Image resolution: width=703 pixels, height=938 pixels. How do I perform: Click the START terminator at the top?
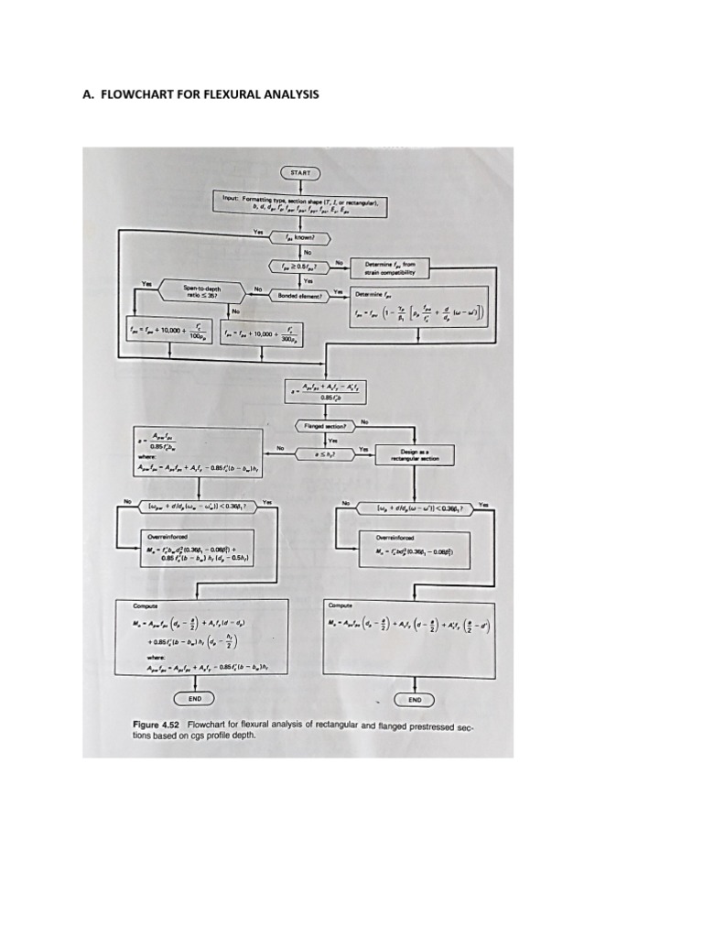299,172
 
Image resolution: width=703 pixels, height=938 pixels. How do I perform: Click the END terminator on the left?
194,699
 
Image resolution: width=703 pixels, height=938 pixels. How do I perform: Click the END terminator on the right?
415,699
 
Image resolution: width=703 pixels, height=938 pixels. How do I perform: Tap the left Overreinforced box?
203,547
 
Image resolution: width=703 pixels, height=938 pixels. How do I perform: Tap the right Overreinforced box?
416,547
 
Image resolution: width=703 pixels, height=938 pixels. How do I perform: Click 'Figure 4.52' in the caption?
157,724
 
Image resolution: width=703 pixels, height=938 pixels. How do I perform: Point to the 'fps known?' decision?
298,235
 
